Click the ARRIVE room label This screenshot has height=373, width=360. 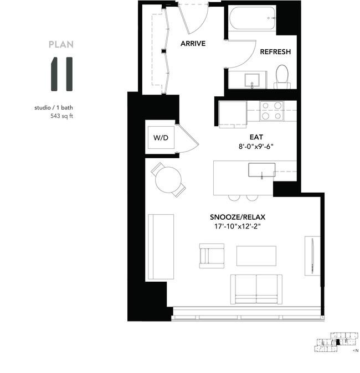pos(193,44)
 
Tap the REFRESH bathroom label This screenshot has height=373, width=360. pos(275,51)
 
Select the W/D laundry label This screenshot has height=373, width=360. pos(161,137)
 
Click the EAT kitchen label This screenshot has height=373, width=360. pos(256,137)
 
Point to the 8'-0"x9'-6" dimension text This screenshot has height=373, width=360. pos(256,147)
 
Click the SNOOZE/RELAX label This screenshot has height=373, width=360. pos(238,217)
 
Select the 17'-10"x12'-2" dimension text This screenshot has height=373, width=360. pos(238,226)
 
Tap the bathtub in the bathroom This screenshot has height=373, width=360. pos(253,18)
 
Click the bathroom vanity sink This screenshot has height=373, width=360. pos(252,80)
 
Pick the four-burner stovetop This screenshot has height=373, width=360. pos(272,111)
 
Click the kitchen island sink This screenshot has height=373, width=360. pos(261,170)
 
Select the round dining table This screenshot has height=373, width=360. pos(168,180)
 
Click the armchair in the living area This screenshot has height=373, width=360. pos(212,256)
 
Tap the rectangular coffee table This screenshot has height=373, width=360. pos(256,256)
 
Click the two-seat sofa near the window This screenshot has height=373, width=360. pos(256,289)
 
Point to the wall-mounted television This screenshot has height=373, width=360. pos(312,256)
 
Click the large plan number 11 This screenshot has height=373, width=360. pos(61,74)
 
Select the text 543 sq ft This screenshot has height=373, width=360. pos(61,116)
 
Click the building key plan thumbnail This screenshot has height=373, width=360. pos(336,342)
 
